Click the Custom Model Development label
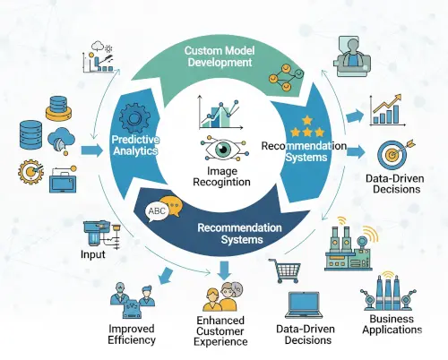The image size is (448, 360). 220,56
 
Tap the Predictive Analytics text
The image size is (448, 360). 135,145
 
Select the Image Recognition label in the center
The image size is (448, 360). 221,176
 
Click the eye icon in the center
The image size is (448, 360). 224,149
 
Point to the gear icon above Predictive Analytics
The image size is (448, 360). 135,118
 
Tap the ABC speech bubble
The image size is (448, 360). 157,211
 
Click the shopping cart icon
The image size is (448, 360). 285,270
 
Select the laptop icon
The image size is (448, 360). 304,305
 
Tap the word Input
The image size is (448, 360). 93,254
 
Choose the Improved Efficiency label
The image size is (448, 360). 132,334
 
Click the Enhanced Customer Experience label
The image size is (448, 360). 220,331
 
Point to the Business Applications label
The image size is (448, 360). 392,324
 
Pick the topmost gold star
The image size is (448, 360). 307,120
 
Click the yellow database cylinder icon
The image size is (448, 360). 59,108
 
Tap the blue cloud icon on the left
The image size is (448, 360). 61,140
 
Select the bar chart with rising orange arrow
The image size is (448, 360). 387,110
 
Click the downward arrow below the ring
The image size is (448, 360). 225,270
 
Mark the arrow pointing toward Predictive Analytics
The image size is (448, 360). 92,150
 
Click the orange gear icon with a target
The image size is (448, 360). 30,172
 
